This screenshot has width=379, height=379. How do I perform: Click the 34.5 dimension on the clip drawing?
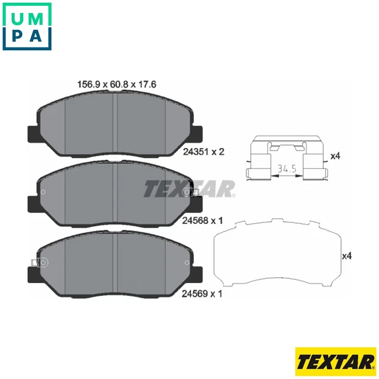tap(286, 170)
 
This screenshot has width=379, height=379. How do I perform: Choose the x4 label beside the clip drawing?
tap(335, 156)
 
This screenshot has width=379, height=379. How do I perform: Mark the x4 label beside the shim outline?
tap(348, 256)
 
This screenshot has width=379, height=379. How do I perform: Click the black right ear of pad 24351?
tap(197, 133)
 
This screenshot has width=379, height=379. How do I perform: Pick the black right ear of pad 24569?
tap(197, 274)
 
